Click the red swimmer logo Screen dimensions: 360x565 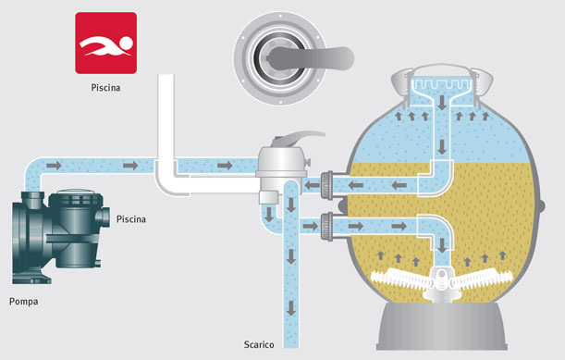pyautogui.click(x=105, y=43)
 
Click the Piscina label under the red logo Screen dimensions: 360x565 pyautogui.click(x=105, y=89)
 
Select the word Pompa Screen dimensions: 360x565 pyautogui.click(x=25, y=301)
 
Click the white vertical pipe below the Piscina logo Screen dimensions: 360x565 pyautogui.click(x=166, y=130)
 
